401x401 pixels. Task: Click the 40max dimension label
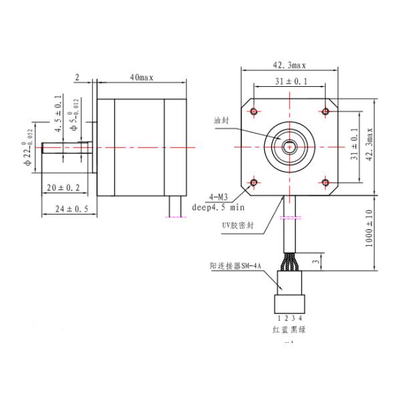[x=141, y=78]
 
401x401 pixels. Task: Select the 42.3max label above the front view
[x=289, y=65]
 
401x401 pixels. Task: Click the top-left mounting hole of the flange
[x=254, y=110]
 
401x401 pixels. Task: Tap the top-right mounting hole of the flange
[x=325, y=110]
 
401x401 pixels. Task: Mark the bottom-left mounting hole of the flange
[x=254, y=181]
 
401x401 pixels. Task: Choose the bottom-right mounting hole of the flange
[x=325, y=181]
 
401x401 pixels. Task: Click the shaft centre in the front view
[x=289, y=146]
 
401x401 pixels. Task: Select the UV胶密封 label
[x=239, y=225]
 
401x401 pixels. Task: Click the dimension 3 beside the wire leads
[x=316, y=261]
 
